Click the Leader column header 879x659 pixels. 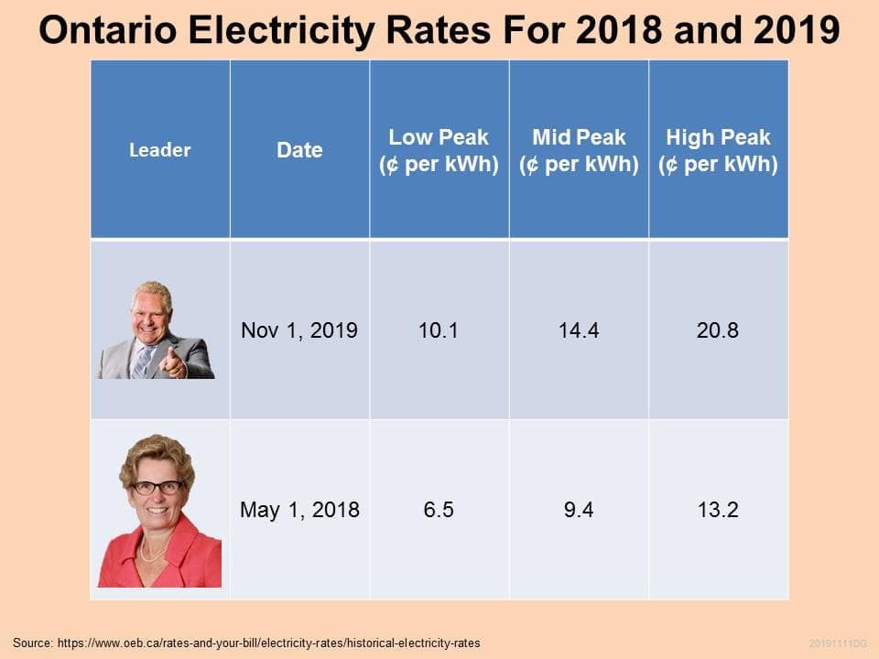click(x=159, y=150)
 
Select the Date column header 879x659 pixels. click(x=299, y=150)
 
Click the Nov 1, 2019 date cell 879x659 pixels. click(x=299, y=330)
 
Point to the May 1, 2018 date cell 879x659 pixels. click(x=299, y=510)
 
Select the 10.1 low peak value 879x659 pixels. click(x=439, y=330)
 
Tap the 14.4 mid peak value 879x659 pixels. click(x=579, y=330)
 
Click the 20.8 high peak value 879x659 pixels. click(x=718, y=330)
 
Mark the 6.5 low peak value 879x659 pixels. click(x=439, y=510)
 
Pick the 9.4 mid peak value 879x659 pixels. click(x=579, y=510)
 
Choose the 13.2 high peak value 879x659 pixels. click(x=718, y=510)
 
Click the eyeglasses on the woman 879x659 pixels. click(x=157, y=487)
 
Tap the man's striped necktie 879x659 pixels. click(x=141, y=362)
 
